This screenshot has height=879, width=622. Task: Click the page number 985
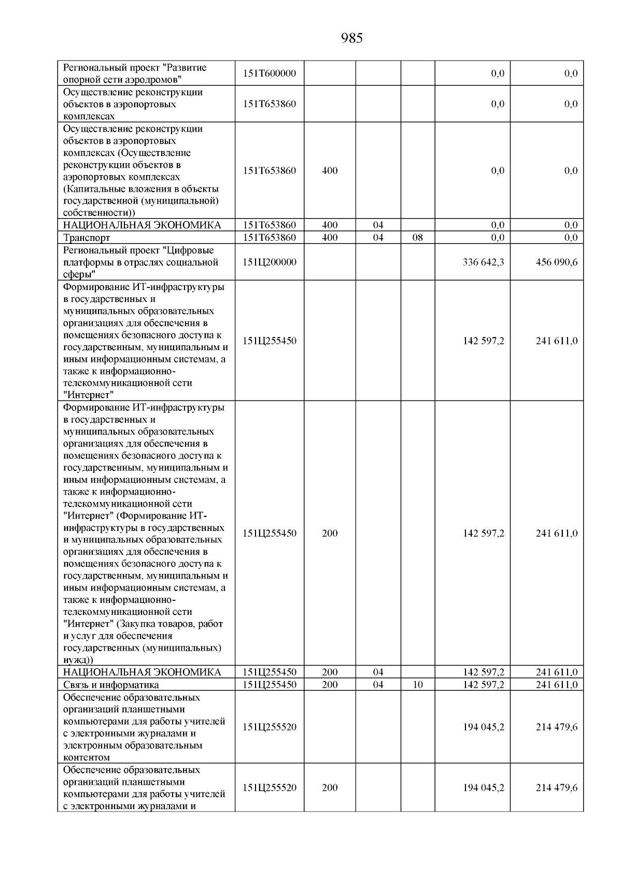352,38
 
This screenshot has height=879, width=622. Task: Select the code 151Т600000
269,74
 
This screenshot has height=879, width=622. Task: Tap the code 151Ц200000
269,262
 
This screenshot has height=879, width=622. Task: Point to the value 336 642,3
483,262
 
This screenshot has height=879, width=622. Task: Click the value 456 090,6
556,262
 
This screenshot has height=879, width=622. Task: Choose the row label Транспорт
87,238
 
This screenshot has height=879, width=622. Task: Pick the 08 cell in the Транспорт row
417,238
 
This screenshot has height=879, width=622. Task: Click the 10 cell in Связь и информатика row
417,685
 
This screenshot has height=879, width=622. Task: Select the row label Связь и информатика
104,685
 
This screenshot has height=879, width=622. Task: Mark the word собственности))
98,213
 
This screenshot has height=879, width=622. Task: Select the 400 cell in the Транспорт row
330,238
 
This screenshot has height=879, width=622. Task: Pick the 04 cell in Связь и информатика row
378,685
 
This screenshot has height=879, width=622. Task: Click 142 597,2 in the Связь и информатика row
483,685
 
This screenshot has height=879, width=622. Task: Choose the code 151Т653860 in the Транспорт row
269,238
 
